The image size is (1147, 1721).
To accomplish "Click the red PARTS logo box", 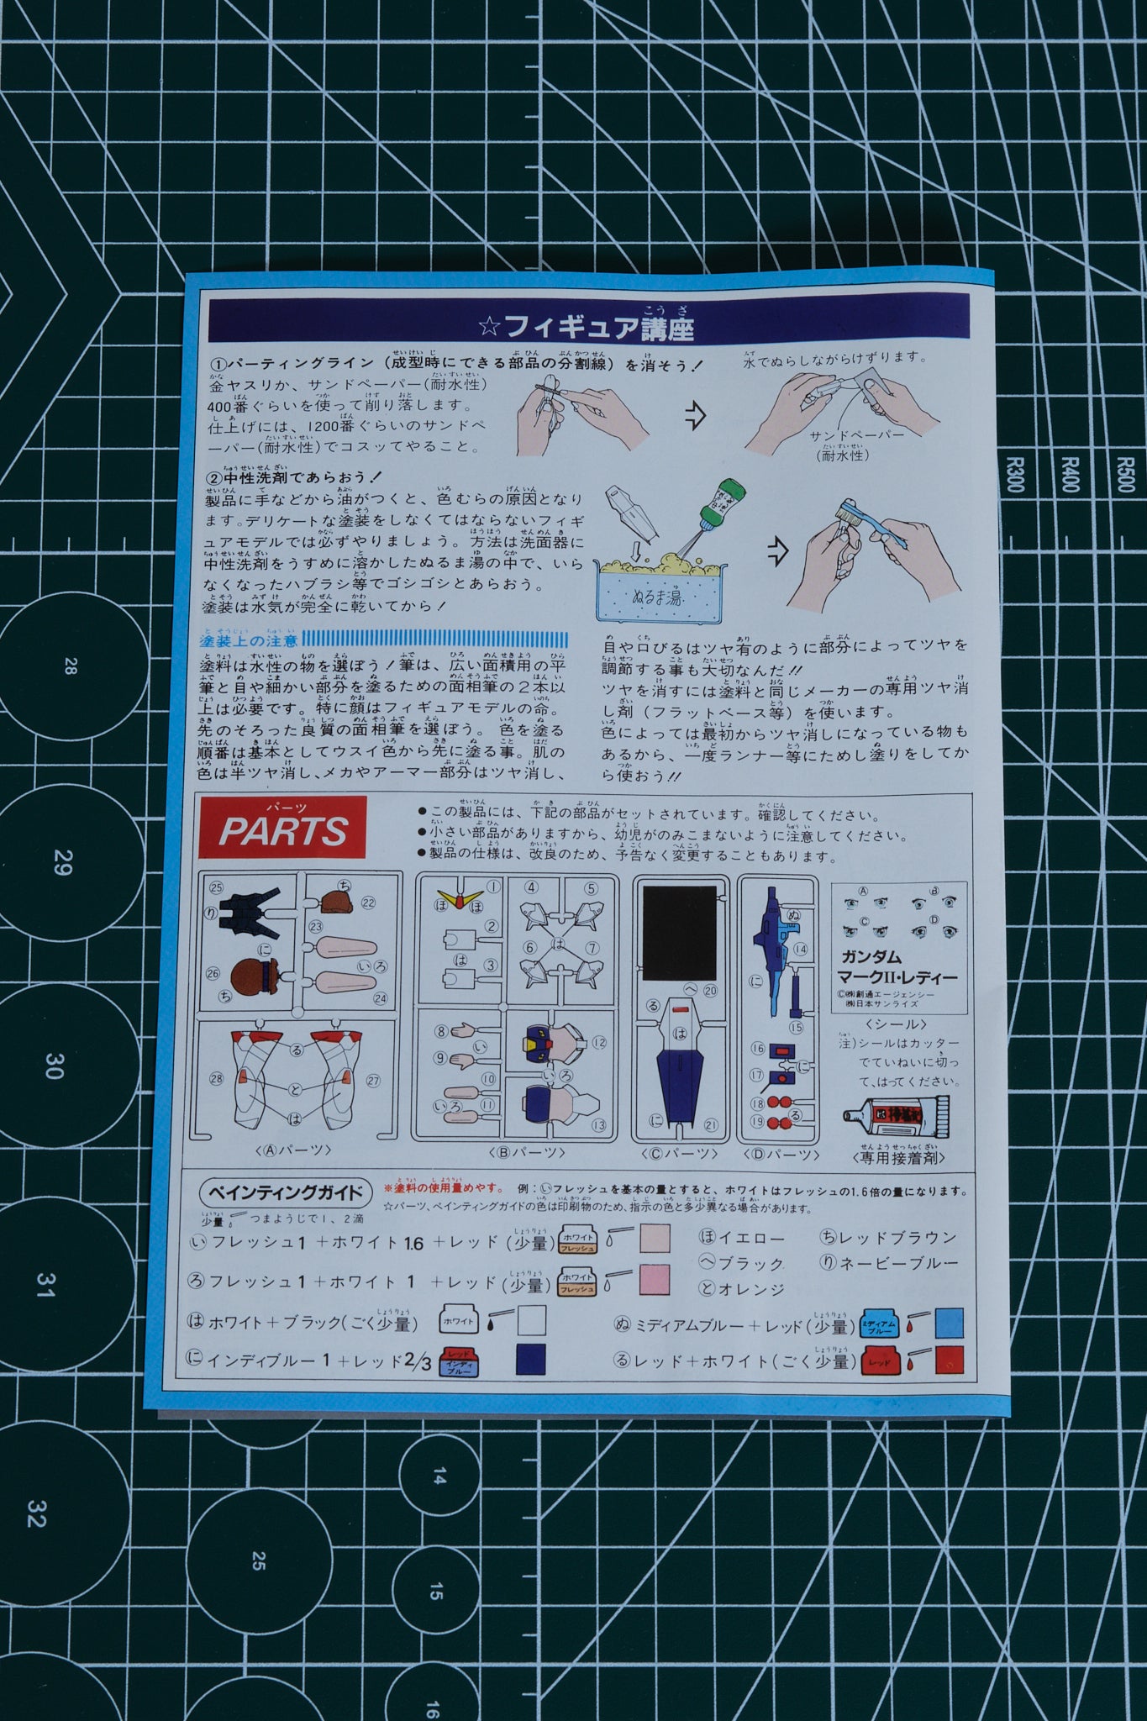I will [x=282, y=828].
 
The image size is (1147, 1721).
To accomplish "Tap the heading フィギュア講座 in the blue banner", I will [x=588, y=326].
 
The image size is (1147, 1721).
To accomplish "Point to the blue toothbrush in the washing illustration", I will [x=874, y=526].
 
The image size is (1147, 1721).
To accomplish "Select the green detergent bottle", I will [x=719, y=505].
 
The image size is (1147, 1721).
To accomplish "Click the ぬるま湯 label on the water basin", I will [x=657, y=598].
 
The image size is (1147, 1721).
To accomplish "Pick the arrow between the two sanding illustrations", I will [x=695, y=414].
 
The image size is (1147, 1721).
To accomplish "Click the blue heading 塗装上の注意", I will [x=249, y=640].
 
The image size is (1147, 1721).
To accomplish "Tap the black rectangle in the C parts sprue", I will [x=679, y=933].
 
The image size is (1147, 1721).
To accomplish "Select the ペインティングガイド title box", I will [x=286, y=1192].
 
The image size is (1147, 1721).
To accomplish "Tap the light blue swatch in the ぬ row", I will [x=949, y=1323].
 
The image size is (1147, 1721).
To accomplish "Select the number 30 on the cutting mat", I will [x=54, y=1066].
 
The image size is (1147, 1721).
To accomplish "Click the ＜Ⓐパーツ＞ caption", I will [x=292, y=1150].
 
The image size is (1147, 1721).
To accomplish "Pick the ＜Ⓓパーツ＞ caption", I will [x=781, y=1155].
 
